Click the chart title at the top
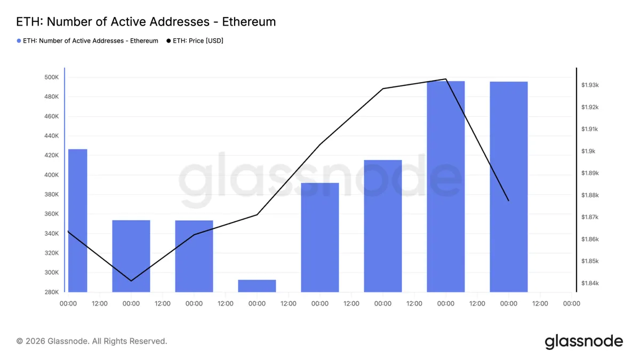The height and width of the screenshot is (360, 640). [146, 22]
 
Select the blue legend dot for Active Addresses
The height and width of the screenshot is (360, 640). [19, 41]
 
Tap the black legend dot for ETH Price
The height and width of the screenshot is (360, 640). [169, 41]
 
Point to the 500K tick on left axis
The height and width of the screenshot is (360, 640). [51, 77]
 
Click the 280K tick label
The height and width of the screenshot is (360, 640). [51, 292]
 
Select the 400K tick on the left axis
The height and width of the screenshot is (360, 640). [51, 175]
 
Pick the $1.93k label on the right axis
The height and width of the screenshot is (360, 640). [590, 85]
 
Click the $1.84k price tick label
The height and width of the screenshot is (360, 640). [590, 283]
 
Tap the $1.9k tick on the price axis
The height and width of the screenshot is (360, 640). [588, 151]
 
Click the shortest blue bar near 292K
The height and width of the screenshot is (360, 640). [257, 286]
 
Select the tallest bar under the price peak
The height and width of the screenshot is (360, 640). [446, 187]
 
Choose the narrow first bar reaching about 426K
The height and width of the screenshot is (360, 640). [78, 221]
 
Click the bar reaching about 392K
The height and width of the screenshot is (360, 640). [320, 237]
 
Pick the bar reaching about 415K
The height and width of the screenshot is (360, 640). [383, 226]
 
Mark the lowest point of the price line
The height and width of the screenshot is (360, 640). [131, 281]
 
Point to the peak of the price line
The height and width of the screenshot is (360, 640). [446, 79]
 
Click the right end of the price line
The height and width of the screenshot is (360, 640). [509, 201]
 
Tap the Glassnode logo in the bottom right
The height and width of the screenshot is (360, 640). [583, 342]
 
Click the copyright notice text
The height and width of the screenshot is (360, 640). [92, 341]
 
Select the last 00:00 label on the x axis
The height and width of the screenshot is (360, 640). [571, 303]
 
